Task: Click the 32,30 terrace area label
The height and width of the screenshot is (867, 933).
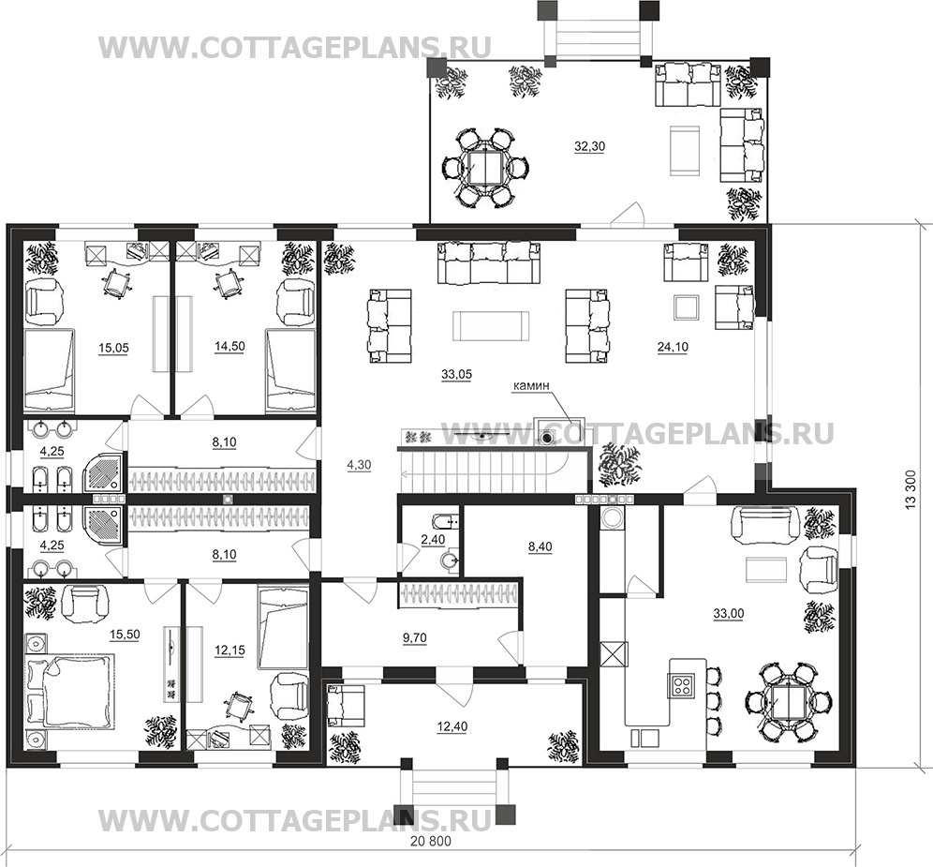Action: tap(589, 146)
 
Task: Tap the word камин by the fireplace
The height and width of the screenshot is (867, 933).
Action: tap(531, 386)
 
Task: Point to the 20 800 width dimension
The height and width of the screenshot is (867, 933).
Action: tap(431, 842)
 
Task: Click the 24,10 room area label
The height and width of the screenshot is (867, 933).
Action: tap(673, 347)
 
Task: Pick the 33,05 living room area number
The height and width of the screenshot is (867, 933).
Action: tap(457, 374)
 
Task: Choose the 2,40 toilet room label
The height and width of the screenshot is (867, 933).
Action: tap(433, 540)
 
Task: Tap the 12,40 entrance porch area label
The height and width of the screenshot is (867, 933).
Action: tap(452, 726)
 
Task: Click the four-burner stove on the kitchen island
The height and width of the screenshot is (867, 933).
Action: tap(681, 684)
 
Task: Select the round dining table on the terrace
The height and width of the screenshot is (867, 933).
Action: tap(487, 168)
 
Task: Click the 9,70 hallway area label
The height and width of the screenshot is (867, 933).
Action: tap(415, 637)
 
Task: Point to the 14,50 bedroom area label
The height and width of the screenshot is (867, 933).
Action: tap(230, 346)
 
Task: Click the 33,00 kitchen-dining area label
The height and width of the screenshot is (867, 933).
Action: tap(728, 613)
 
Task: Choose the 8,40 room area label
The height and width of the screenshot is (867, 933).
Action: tap(540, 546)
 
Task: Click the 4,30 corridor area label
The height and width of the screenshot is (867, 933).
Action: tap(360, 466)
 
